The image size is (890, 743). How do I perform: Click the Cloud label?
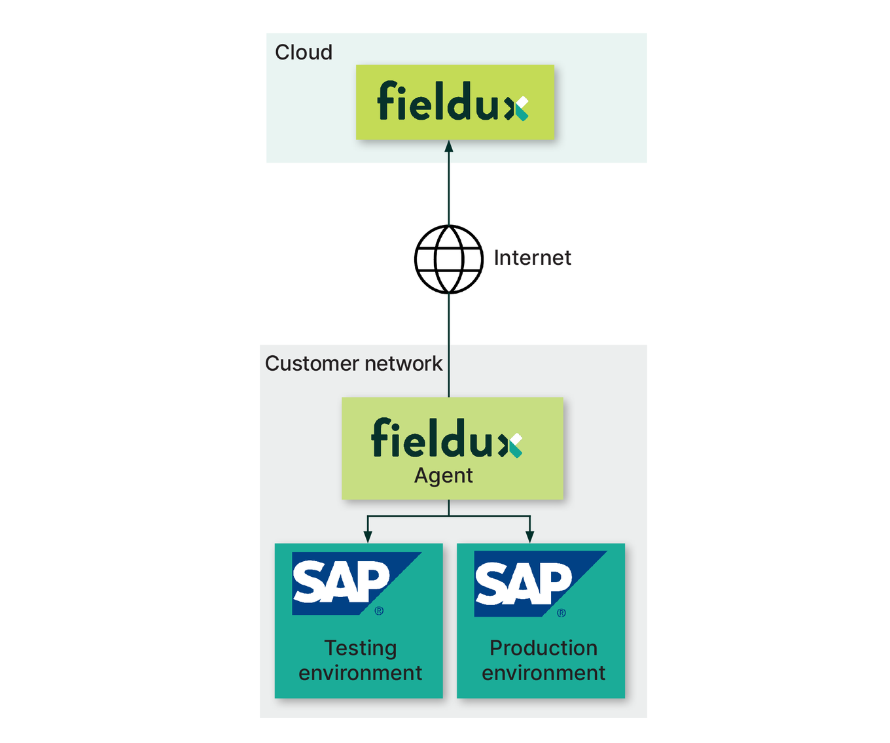[x=303, y=52]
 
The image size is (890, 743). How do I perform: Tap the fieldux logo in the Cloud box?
[x=452, y=102]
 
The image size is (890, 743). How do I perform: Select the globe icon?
[x=449, y=259]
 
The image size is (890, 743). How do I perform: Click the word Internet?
[x=532, y=258]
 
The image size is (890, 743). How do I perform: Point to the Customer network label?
[x=353, y=364]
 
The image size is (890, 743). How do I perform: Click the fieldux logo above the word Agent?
[x=446, y=438]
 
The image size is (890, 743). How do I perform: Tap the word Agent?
[x=443, y=475]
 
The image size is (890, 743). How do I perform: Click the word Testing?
[x=361, y=648]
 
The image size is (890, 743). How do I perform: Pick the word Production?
[x=543, y=648]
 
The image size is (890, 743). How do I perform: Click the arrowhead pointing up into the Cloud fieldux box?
[x=449, y=147]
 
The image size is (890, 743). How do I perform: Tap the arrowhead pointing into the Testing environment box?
[x=368, y=537]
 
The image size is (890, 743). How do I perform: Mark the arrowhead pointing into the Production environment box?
[x=530, y=537]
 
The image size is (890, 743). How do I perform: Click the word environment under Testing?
[x=361, y=673]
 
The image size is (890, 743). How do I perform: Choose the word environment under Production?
[x=543, y=673]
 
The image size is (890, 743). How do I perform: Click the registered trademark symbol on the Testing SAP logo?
[x=379, y=611]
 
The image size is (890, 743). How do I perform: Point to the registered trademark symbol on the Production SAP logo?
[x=561, y=613]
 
